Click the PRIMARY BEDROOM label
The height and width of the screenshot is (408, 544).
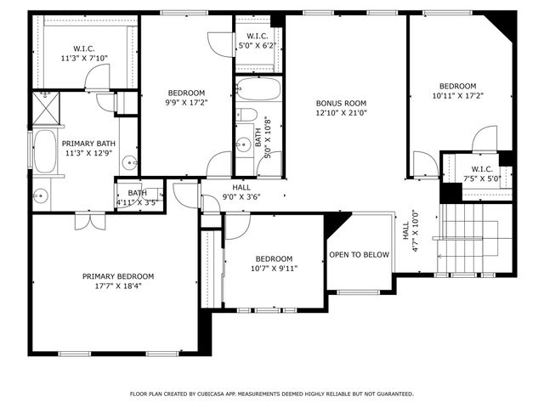pyautogui.click(x=118, y=276)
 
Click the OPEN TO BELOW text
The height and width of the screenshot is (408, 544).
pyautogui.click(x=360, y=254)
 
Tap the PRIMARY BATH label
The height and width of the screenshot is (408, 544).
pyautogui.click(x=88, y=144)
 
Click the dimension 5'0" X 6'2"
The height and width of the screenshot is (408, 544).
pyautogui.click(x=258, y=46)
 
